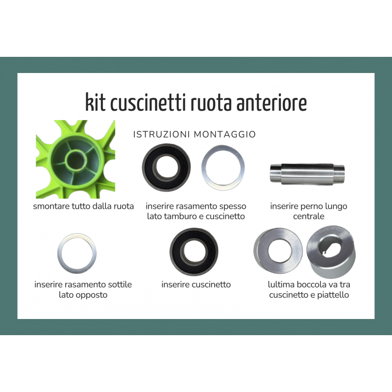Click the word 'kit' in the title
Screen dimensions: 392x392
point(95,102)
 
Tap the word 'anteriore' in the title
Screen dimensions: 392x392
point(272,103)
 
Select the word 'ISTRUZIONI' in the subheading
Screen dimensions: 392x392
point(162,134)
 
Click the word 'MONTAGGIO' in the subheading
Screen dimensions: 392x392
point(225,134)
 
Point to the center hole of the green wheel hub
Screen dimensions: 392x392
point(75,160)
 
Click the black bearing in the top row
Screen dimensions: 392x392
point(166,168)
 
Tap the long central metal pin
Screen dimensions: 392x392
point(307,174)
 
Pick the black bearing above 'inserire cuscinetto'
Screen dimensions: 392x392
point(194,252)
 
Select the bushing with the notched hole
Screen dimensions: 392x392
point(331,252)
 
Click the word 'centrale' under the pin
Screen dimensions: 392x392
point(309,216)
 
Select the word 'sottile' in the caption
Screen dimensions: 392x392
point(120,285)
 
